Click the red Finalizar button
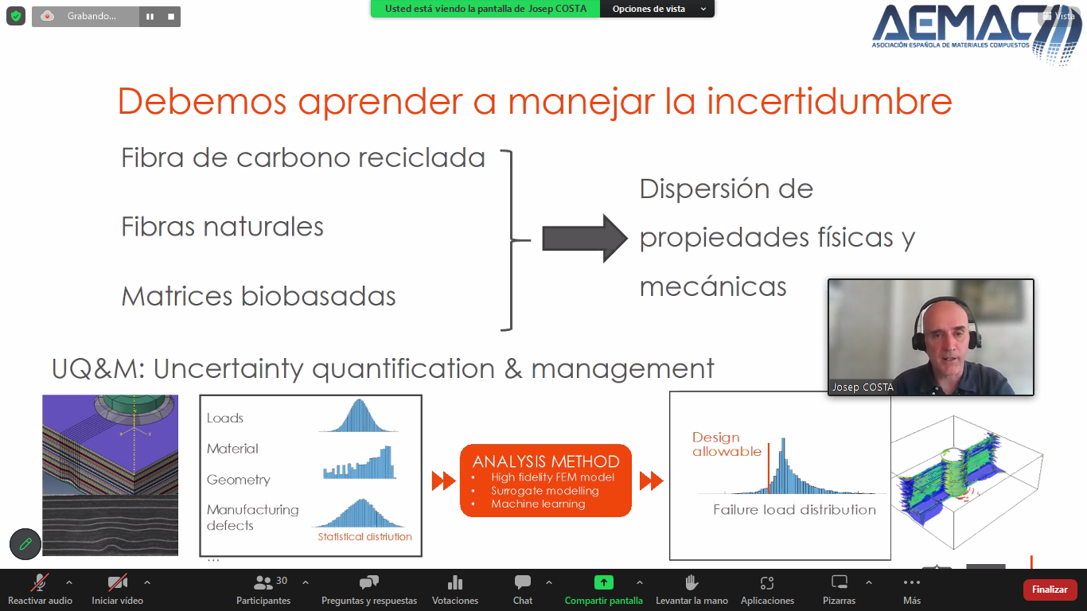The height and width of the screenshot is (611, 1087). click(x=1049, y=590)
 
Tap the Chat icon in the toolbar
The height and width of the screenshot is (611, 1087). click(x=523, y=582)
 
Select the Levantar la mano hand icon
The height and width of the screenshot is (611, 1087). click(x=691, y=582)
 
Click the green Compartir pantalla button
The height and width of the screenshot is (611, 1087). click(x=604, y=582)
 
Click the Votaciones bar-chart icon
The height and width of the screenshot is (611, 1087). click(x=454, y=582)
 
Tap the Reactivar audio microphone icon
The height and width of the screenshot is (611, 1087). click(x=40, y=582)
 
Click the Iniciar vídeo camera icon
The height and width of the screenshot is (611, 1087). click(x=117, y=582)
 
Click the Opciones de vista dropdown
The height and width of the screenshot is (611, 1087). click(x=657, y=9)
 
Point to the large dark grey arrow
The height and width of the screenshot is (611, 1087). click(x=585, y=239)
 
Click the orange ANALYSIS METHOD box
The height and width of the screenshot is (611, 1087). click(x=545, y=481)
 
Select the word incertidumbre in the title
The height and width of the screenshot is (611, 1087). click(x=829, y=101)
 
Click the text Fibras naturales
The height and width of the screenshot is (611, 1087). click(x=222, y=227)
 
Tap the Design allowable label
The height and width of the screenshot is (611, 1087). click(x=727, y=444)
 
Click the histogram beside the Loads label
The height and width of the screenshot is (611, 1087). click(x=359, y=415)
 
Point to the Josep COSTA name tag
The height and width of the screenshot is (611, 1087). click(x=863, y=387)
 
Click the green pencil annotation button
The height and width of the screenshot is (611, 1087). click(x=25, y=543)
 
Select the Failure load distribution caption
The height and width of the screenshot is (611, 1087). click(x=794, y=510)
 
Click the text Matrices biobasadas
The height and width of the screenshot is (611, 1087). click(x=259, y=296)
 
